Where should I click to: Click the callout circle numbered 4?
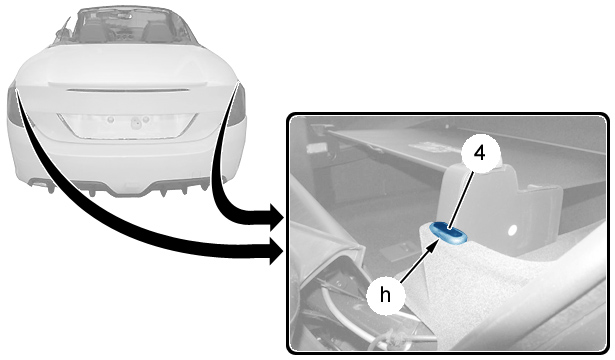(x=480, y=154)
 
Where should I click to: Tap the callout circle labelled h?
(x=385, y=295)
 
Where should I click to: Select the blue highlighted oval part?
(x=449, y=232)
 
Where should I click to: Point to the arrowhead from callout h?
(x=433, y=246)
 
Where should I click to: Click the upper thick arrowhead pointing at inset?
(x=277, y=217)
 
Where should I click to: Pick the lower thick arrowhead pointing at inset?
(x=277, y=251)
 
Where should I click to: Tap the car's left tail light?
(x=15, y=106)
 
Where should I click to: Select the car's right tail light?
(x=237, y=105)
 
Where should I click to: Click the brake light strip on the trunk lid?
(x=128, y=90)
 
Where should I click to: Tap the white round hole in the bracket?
(x=512, y=231)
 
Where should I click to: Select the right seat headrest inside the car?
(x=154, y=25)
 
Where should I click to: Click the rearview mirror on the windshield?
(x=126, y=15)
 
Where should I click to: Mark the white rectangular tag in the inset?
(x=315, y=148)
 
